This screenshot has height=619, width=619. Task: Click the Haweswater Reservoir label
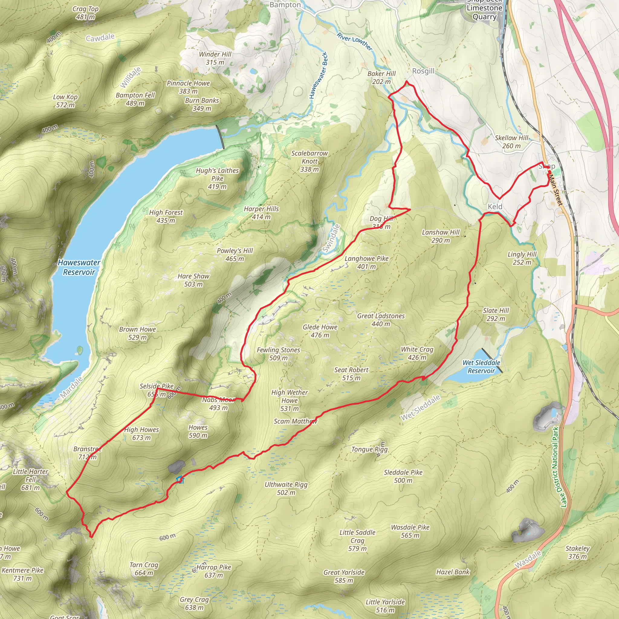(x=79, y=267)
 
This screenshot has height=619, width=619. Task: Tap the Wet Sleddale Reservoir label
(x=481, y=367)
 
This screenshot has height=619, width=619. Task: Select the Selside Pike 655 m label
(x=156, y=390)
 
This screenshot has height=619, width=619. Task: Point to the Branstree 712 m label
(x=87, y=453)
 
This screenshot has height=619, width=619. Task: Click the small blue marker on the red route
(x=180, y=480)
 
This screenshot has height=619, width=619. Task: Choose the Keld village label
(x=495, y=207)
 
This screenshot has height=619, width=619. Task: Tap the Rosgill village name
(x=423, y=71)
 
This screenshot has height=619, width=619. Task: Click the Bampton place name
(x=285, y=5)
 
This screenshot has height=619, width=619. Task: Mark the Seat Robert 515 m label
(x=351, y=374)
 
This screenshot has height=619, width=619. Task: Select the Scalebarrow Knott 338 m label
(x=309, y=161)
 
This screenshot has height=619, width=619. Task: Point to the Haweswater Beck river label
(x=318, y=75)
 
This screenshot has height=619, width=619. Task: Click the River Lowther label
(x=355, y=42)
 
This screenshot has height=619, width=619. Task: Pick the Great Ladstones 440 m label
(x=381, y=320)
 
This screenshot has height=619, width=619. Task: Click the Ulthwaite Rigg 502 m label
(x=286, y=488)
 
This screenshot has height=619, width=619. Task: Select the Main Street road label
(x=555, y=189)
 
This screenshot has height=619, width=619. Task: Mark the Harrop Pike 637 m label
(x=214, y=571)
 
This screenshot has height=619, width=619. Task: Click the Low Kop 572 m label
(x=65, y=101)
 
